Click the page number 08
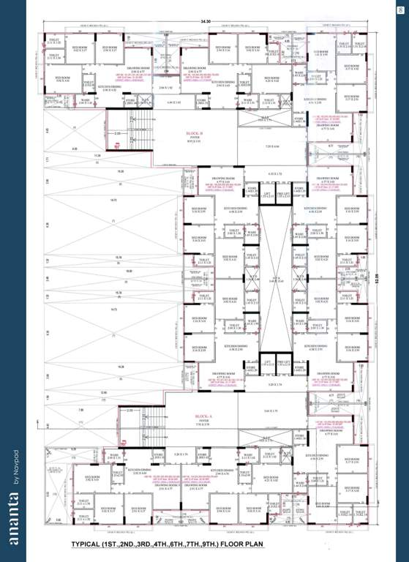(x=400, y=9)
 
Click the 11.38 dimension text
(x=97, y=156)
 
